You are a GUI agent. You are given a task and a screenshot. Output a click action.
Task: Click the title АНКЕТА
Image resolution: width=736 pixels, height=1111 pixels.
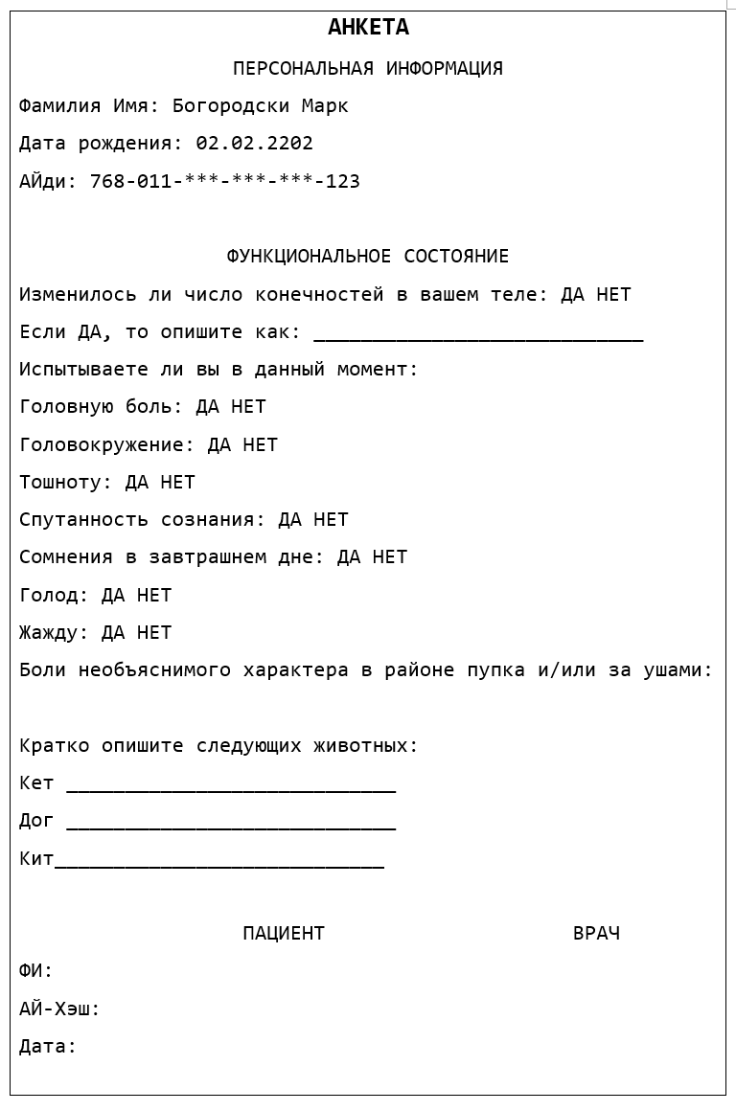[x=368, y=28]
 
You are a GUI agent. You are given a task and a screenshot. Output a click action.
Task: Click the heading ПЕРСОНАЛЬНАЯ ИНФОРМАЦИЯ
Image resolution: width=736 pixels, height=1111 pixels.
[x=368, y=69]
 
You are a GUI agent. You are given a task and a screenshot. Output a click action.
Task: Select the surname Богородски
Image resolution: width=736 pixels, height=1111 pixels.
[x=231, y=106]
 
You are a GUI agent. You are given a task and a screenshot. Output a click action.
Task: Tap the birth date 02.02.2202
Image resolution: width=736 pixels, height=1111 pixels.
[x=254, y=144]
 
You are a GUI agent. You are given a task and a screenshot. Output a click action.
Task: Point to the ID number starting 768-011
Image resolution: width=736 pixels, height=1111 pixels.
[x=224, y=182]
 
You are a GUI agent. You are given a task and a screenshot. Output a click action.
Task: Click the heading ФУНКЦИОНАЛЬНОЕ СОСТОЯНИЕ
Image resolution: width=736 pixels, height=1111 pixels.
[x=368, y=257]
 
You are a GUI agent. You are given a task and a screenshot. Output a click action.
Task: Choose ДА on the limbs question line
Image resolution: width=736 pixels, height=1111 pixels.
[x=572, y=295]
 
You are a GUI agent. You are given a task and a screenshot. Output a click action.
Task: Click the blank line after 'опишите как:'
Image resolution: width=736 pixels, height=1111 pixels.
[x=478, y=335]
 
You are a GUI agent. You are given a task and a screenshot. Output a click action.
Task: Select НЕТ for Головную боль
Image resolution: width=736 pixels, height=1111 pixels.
[x=248, y=407]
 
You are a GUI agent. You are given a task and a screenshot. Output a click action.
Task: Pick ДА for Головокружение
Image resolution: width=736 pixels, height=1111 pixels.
[x=219, y=445]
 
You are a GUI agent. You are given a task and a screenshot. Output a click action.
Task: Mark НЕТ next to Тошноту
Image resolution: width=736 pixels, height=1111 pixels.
[x=177, y=483]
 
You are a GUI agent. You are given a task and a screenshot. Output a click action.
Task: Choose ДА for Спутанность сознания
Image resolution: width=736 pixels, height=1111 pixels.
[x=289, y=520]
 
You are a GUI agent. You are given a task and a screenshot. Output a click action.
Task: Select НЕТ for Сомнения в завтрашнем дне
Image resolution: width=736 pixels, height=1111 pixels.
[x=390, y=557]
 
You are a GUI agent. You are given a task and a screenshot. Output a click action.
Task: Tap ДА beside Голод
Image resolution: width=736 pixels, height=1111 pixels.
[x=113, y=596]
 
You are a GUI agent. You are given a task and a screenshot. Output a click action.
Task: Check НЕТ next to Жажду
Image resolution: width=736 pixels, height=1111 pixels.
[x=154, y=633]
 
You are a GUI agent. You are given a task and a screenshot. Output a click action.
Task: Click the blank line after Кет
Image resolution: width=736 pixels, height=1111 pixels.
[x=231, y=787]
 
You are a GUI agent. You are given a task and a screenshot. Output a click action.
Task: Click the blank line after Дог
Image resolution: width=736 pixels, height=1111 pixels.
[x=231, y=825]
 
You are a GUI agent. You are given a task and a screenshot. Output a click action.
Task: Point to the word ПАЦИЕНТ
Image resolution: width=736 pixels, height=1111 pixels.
[x=284, y=934]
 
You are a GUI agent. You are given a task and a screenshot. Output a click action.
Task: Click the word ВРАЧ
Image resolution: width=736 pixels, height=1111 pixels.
[x=596, y=934]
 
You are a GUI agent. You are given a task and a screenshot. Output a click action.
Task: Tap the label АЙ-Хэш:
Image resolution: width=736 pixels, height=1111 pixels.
[x=59, y=1009]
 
